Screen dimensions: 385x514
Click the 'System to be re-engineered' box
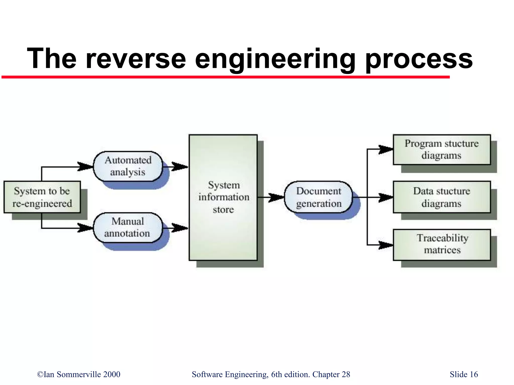pyautogui.click(x=42, y=197)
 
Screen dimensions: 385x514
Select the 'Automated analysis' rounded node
pyautogui.click(x=128, y=166)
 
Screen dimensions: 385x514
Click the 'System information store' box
pyautogui.click(x=223, y=197)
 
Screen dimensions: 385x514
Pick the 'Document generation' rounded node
pyautogui.click(x=318, y=197)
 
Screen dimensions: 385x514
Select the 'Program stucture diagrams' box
pyautogui.click(x=442, y=149)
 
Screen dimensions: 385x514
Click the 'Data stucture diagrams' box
pyautogui.click(x=442, y=197)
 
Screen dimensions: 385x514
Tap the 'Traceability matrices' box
pyautogui.click(x=442, y=245)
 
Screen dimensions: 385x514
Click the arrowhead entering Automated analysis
pyautogui.click(x=85, y=166)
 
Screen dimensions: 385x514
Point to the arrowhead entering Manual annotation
pyautogui.click(x=85, y=228)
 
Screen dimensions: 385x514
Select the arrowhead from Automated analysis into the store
pyautogui.click(x=180, y=166)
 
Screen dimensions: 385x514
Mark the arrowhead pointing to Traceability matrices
pyautogui.click(x=385, y=245)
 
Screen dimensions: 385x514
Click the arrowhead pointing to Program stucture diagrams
pyautogui.click(x=385, y=149)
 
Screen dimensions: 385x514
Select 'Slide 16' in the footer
pyautogui.click(x=464, y=374)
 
